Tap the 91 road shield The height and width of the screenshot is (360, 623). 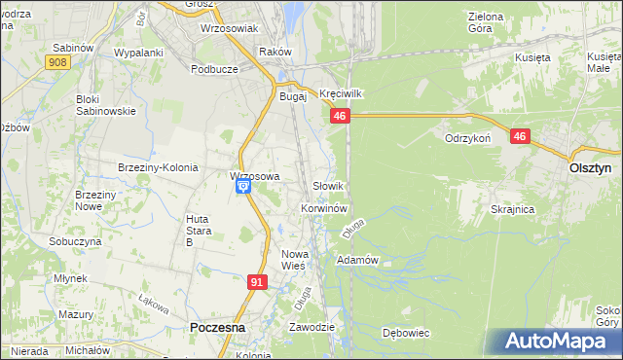(257, 282)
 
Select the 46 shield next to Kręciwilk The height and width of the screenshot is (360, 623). (339, 117)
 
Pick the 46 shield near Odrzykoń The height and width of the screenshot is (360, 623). (520, 138)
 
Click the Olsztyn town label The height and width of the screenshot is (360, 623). (589, 167)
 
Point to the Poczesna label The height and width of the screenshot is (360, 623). (217, 329)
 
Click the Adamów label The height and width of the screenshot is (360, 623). (356, 261)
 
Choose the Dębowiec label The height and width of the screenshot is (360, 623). (406, 333)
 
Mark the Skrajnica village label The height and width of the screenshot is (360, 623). (513, 209)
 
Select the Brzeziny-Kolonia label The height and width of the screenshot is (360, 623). (158, 167)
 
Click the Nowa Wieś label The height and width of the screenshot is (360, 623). (293, 259)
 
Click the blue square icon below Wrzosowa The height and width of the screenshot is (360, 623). (242, 189)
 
